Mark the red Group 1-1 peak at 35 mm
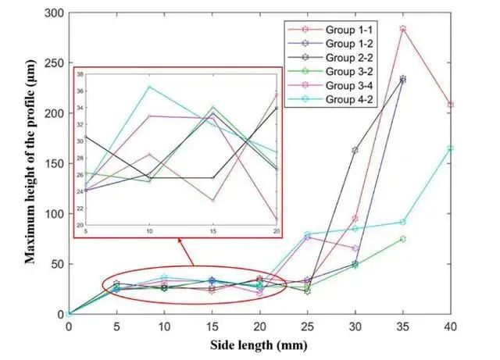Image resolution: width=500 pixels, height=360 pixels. click(402, 29)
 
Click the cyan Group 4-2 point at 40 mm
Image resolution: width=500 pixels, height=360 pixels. click(450, 148)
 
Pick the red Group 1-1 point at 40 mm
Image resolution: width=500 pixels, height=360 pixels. click(450, 105)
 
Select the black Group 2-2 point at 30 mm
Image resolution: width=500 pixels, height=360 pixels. click(355, 150)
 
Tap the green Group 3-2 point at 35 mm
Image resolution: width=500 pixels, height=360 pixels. click(402, 239)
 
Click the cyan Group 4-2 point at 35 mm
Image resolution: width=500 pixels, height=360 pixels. click(402, 222)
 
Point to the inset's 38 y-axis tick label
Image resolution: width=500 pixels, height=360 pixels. click(77, 73)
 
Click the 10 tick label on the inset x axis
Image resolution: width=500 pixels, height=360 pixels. click(149, 232)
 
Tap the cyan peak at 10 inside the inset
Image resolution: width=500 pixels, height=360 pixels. click(149, 87)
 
